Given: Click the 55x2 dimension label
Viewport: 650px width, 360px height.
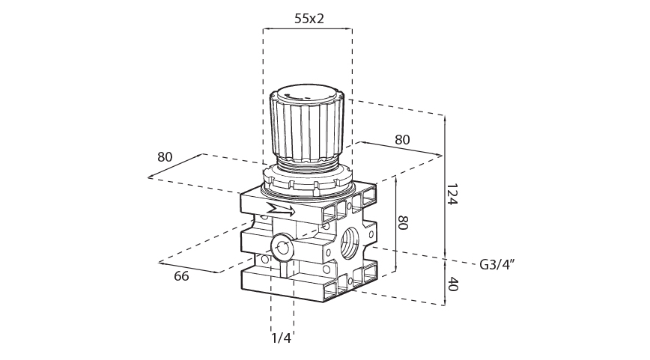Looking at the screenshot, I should (309, 19).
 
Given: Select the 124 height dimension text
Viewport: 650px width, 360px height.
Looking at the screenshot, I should (452, 196).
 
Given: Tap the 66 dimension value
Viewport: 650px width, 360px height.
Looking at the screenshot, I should (181, 276).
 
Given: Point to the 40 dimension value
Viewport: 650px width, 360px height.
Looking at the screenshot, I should (452, 284).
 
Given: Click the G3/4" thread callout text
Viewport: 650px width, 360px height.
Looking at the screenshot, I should (497, 264).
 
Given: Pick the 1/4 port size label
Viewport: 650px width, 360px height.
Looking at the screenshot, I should (281, 338).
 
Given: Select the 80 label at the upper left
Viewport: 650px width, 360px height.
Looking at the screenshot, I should (165, 157).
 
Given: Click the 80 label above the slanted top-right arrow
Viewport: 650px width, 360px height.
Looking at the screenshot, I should (402, 140).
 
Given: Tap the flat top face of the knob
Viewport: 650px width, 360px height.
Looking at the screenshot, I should (308, 95).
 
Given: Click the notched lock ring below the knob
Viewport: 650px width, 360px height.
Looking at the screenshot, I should (307, 180).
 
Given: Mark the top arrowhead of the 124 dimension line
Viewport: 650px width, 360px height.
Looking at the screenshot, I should (445, 118).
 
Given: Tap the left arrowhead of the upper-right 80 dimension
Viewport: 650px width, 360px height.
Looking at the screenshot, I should (359, 142).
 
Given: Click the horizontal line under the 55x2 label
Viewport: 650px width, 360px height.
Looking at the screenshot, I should (307, 29).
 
